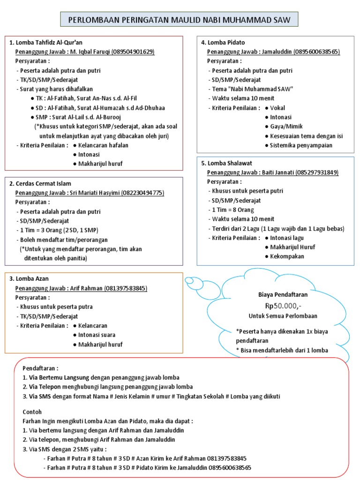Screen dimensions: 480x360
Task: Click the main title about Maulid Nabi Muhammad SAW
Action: pos(179,20)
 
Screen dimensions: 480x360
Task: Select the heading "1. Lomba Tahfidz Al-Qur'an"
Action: pos(46,43)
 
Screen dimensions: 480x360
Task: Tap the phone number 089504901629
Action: pos(133,52)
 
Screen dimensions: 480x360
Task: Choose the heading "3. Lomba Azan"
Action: pos(29,279)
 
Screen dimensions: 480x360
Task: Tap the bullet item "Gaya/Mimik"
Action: pos(286,127)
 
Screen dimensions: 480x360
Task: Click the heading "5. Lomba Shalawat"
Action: pos(227,163)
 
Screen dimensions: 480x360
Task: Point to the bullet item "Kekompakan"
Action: pos(287,256)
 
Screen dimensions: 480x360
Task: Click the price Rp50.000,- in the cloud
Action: pos(283,306)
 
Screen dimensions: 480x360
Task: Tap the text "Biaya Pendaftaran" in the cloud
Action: pos(283,295)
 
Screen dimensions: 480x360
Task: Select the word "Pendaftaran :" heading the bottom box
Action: pos(41,368)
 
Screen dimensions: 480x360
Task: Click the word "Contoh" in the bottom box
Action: pos(32,412)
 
